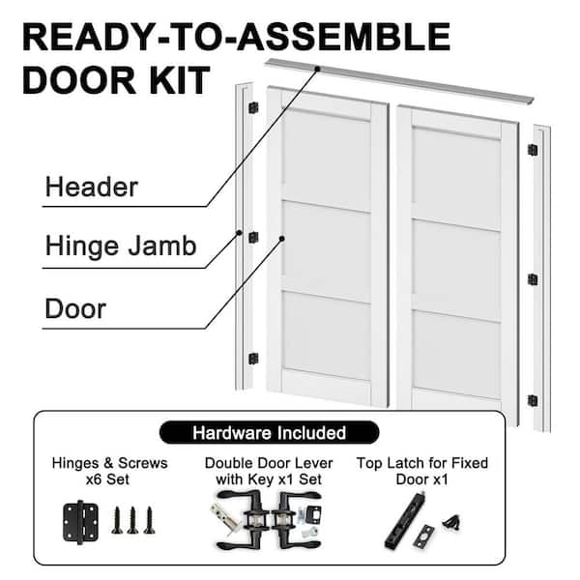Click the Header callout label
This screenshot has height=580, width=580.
point(92,187)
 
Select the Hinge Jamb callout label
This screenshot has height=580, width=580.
point(121,246)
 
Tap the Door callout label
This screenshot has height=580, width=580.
point(75,308)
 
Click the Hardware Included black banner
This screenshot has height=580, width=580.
point(269,432)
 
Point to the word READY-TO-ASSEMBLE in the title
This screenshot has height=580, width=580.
point(237,37)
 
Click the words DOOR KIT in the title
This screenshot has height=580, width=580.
point(117,80)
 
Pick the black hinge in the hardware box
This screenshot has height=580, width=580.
point(80,522)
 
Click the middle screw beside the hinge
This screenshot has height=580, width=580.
point(132,520)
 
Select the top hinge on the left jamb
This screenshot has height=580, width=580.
point(253,108)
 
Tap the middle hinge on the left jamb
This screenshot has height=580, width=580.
point(253,238)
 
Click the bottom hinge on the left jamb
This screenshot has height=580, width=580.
point(253,359)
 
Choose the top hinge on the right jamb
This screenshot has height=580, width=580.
point(533,150)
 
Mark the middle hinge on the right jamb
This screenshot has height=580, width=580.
point(533,279)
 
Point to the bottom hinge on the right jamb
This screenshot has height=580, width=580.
point(533,400)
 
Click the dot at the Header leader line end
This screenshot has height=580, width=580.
point(317,69)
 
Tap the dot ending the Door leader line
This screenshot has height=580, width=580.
point(282,239)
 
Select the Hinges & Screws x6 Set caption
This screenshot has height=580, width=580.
point(109,471)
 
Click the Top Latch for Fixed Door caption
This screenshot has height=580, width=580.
point(422,471)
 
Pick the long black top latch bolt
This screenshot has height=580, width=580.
point(405,520)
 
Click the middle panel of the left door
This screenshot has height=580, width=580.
point(327,252)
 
